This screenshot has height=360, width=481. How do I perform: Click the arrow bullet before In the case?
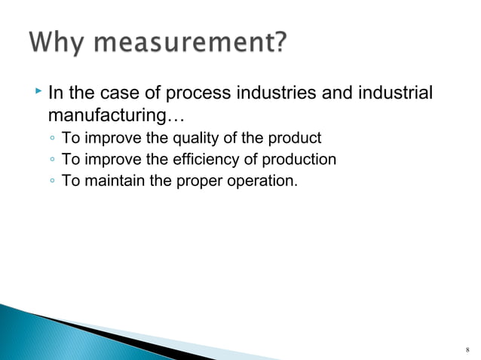tap(38, 93)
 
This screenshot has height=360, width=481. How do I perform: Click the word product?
tap(299, 139)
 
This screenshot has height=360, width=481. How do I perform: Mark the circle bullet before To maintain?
tap(50, 182)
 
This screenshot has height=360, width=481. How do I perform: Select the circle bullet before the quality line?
tap(50, 139)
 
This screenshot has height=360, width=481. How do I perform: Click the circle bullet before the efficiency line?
tap(50, 160)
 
